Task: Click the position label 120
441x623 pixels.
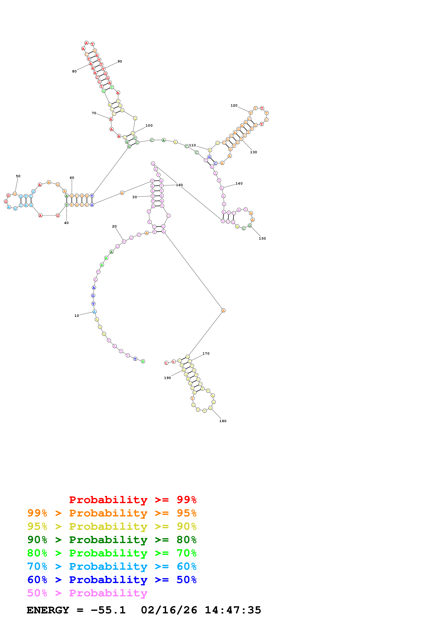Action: pos(234,105)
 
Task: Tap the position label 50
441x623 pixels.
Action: pos(18,176)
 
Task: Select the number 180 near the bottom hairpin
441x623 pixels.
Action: pos(223,421)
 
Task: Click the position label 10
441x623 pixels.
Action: pos(77,316)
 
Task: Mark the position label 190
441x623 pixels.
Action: pos(167,378)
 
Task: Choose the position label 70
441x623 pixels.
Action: pos(94,113)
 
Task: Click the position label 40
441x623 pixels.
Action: pos(66,223)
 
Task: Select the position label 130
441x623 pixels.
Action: pos(253,152)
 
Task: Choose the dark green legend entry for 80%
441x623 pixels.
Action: pos(112,540)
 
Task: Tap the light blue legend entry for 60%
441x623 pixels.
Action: pos(112,566)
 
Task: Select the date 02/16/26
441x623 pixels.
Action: pos(169,610)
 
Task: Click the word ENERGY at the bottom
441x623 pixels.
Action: pos(48,610)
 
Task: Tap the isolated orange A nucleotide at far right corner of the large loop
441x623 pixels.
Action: pos(223,310)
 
